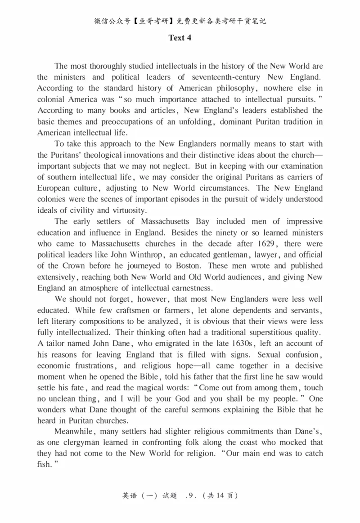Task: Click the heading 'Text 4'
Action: [x=180, y=38]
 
